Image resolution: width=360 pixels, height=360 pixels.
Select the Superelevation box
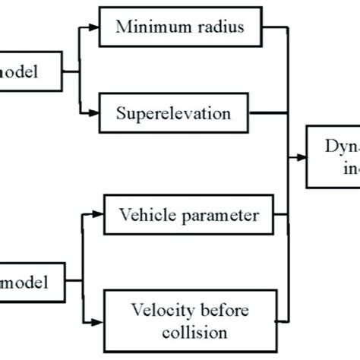[174, 115]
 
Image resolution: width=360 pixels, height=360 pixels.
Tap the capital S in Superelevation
[122, 115]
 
